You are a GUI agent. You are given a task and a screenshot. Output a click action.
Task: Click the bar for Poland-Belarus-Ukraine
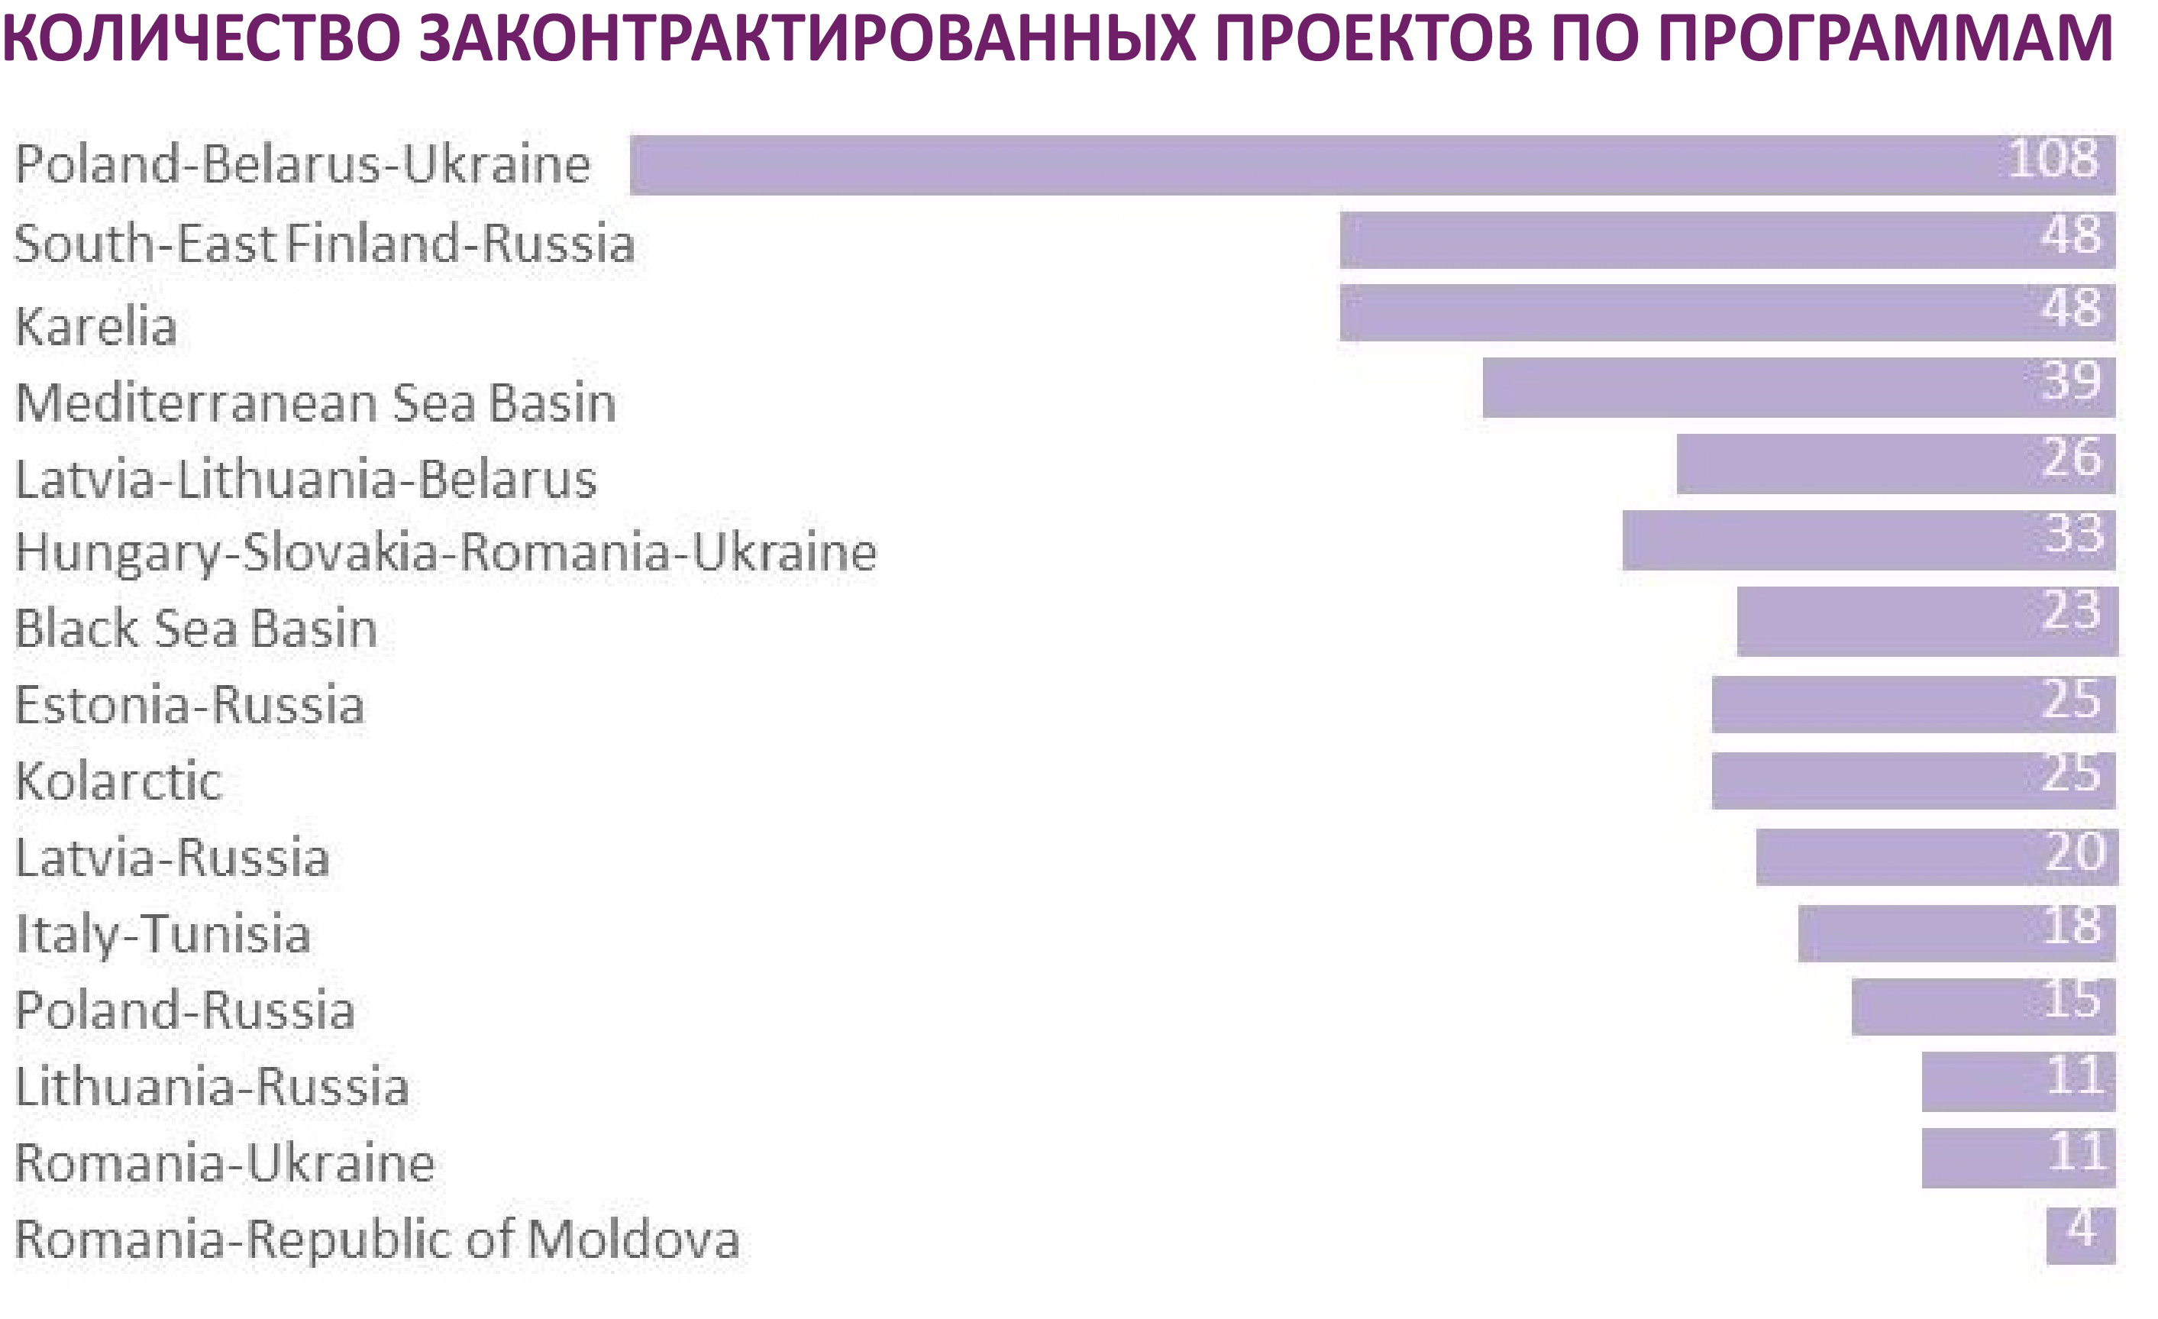point(1372,165)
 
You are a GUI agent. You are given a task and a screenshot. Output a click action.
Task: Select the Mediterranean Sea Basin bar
point(1799,387)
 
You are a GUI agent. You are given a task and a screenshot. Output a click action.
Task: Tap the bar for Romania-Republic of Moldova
point(2081,1236)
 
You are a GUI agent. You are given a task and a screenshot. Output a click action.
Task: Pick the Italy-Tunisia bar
point(1956,933)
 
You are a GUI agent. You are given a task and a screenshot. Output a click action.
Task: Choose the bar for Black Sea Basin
point(1927,621)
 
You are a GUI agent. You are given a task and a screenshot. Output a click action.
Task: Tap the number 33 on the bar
point(2074,532)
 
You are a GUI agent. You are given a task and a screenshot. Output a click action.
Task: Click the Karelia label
point(96,327)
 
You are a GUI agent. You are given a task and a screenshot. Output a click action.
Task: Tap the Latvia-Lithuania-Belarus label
point(305,479)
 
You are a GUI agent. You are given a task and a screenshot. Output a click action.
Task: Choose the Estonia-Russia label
point(189,704)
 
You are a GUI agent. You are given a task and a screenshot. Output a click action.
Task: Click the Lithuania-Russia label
point(212,1086)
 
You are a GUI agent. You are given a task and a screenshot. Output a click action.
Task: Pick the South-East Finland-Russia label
point(324,243)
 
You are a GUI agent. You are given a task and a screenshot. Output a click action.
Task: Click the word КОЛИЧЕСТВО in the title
point(201,37)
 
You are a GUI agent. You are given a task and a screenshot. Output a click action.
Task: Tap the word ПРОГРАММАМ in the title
point(1885,37)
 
